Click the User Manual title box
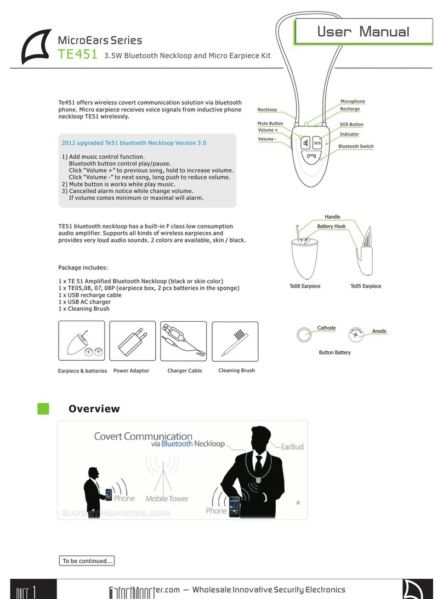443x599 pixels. click(363, 32)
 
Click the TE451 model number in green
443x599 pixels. click(77, 54)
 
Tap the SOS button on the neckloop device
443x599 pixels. click(317, 144)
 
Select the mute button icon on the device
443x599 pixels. click(304, 144)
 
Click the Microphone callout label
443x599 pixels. click(353, 102)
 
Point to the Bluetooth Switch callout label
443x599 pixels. click(356, 146)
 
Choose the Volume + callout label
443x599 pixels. click(268, 130)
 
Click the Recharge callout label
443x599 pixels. click(350, 109)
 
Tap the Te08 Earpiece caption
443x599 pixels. click(305, 286)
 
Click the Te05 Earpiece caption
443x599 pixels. click(366, 286)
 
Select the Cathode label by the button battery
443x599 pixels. click(326, 328)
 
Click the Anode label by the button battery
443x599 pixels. click(379, 331)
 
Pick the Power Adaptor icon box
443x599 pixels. click(133, 341)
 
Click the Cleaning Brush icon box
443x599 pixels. click(235, 341)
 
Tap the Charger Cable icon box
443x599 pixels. click(184, 341)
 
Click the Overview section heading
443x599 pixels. click(94, 409)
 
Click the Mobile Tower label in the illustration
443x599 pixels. click(167, 499)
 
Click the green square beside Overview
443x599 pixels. click(43, 409)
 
